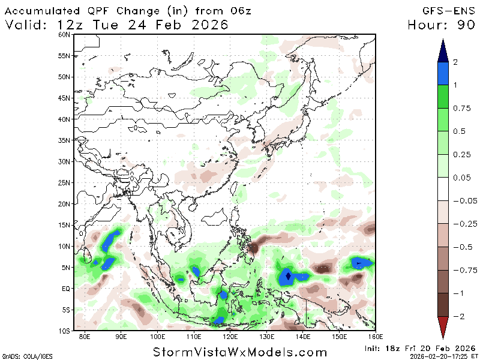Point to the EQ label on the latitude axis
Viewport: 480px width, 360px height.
[x=66, y=288]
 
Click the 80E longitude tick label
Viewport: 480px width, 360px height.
[x=86, y=337]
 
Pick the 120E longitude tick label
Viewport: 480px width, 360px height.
[x=230, y=337]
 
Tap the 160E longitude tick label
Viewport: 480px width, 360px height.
[x=374, y=337]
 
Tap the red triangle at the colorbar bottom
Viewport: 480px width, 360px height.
[x=443, y=326]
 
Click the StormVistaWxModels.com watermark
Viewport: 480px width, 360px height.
[x=240, y=352]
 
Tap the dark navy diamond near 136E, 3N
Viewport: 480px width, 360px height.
[x=289, y=276]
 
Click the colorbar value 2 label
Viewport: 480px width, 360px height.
[x=456, y=62]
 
